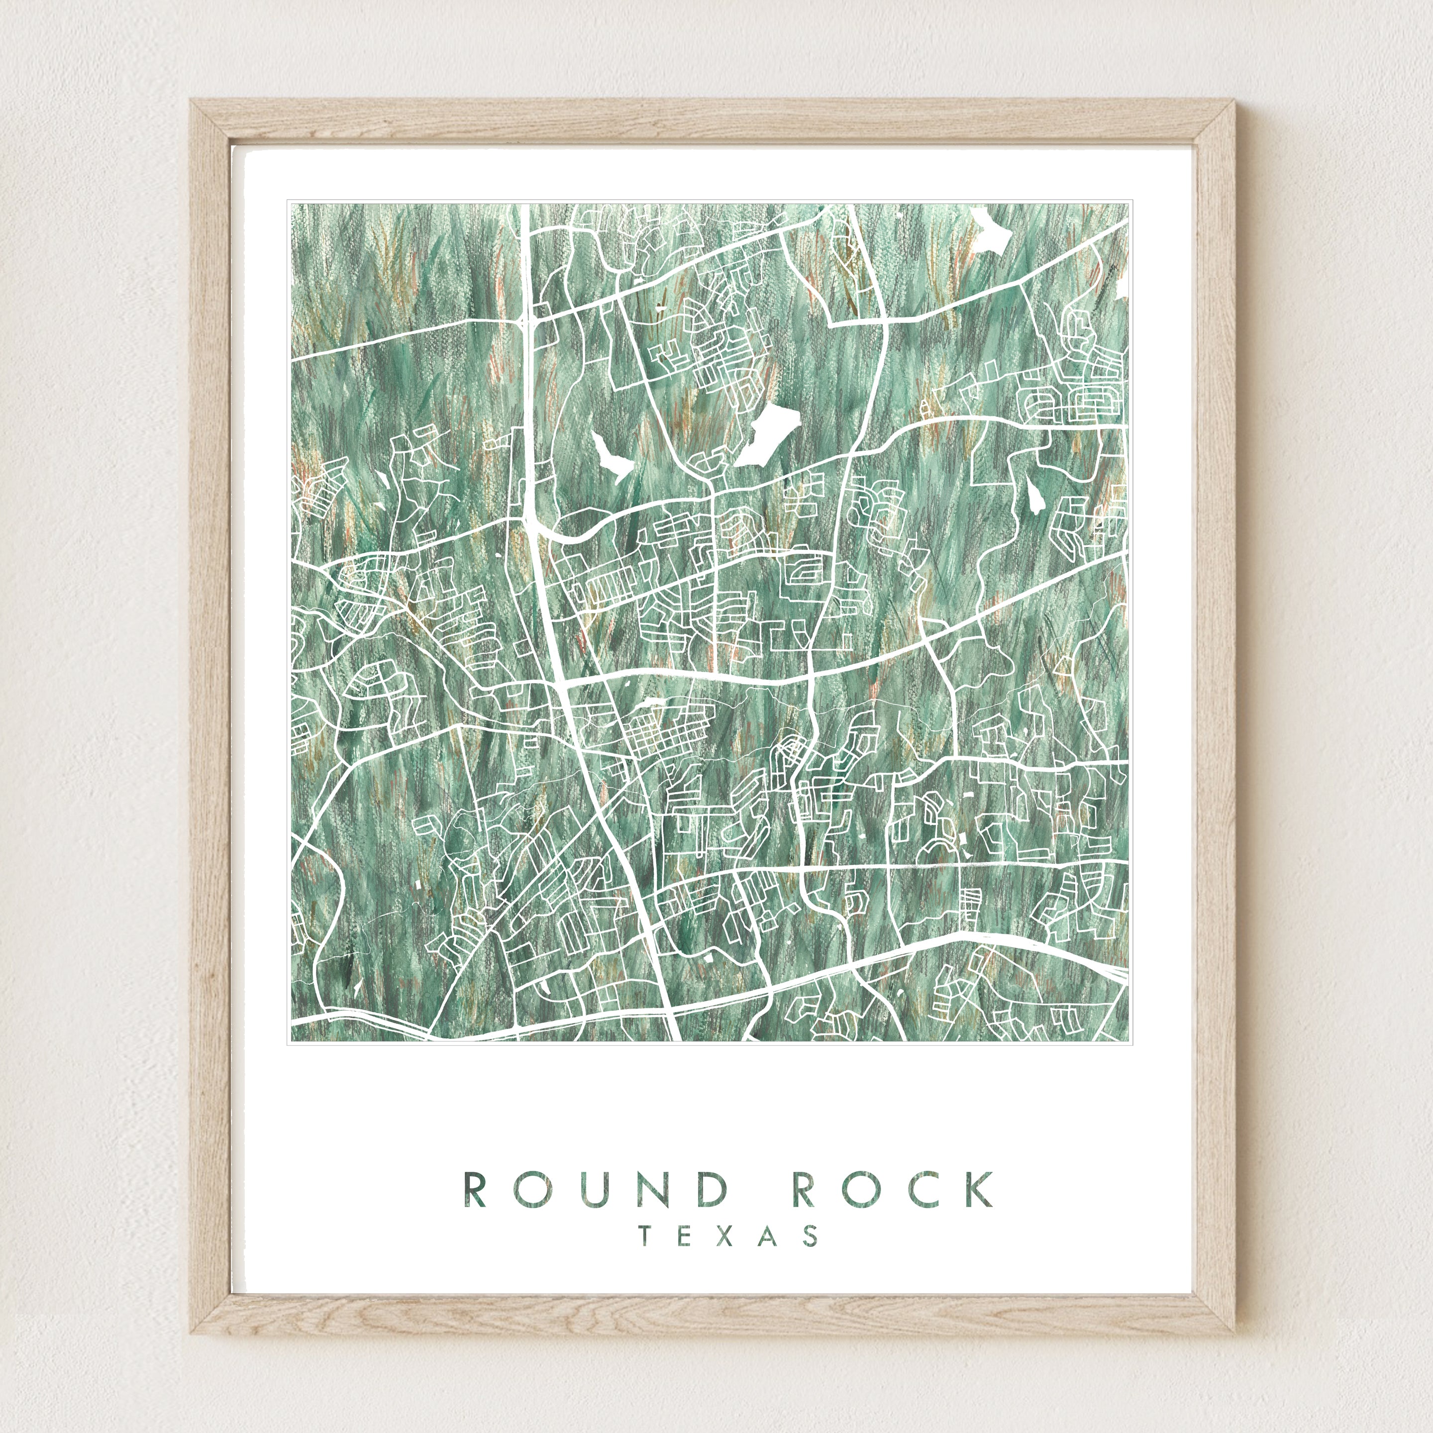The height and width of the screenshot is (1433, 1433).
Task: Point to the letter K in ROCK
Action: point(979,1189)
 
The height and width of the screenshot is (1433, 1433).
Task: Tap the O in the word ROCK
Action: point(861,1189)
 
